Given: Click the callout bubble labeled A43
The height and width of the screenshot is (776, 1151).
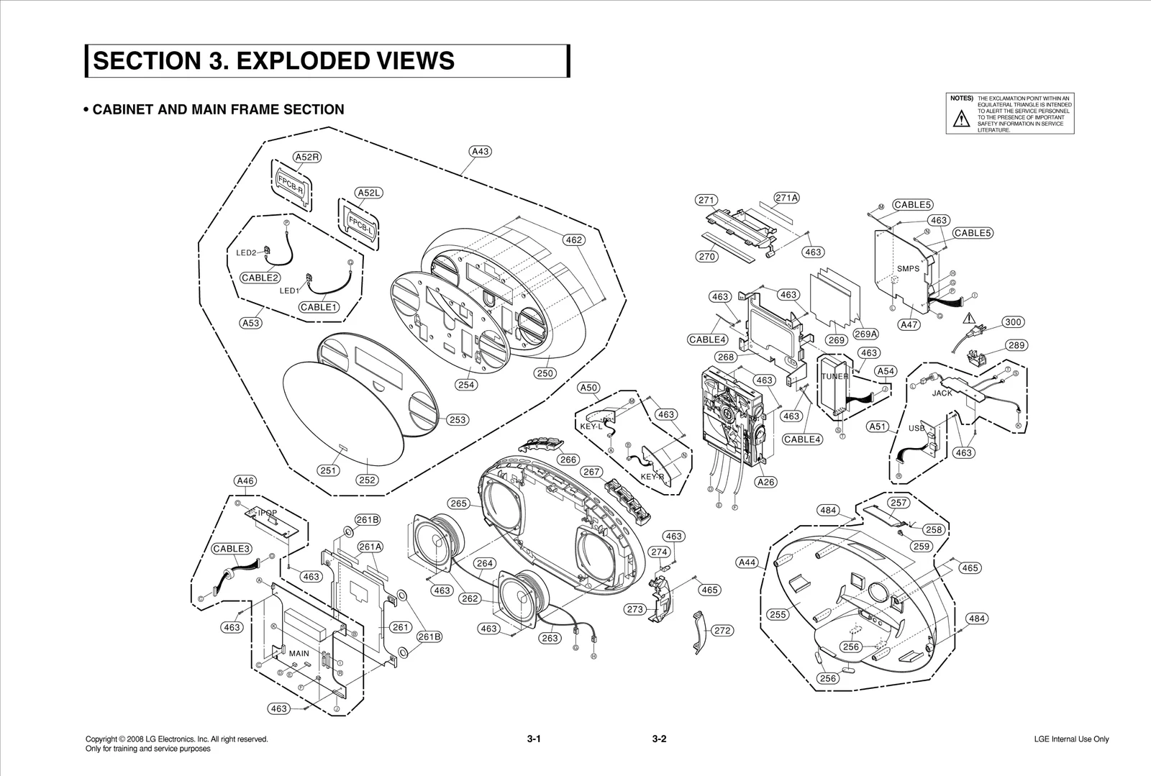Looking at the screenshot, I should point(480,151).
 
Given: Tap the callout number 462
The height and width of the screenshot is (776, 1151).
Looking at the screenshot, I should point(573,240).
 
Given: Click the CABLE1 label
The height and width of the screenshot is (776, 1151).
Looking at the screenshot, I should point(319,307).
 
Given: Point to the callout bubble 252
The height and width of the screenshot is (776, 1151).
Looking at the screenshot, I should point(367,480).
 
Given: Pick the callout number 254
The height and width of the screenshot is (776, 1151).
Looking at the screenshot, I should point(467,385).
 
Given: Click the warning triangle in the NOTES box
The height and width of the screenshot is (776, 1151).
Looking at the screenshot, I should point(961,120).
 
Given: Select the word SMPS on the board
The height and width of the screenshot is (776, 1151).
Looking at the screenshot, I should point(908,269).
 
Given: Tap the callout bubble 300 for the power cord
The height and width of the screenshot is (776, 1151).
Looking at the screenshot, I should point(1013,322).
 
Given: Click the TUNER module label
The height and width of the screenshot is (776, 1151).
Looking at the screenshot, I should point(834,376).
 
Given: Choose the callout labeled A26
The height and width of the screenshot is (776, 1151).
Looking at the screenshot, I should point(766,482).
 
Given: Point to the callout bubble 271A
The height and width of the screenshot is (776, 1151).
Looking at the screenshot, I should point(787,198).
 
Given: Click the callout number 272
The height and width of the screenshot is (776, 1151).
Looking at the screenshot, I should point(722,630).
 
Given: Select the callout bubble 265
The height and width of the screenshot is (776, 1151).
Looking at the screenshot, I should point(458,503).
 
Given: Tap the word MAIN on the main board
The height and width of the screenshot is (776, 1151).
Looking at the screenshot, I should point(299,654).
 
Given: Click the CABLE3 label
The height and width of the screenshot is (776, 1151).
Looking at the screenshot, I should point(231,549).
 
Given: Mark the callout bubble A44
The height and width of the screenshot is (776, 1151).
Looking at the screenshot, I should point(748,562).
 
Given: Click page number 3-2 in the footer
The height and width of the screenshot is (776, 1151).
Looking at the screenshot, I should point(659,739).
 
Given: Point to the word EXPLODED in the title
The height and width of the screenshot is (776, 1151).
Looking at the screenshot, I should point(298,60).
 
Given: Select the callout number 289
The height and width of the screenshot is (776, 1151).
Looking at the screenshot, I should point(1016,345).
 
